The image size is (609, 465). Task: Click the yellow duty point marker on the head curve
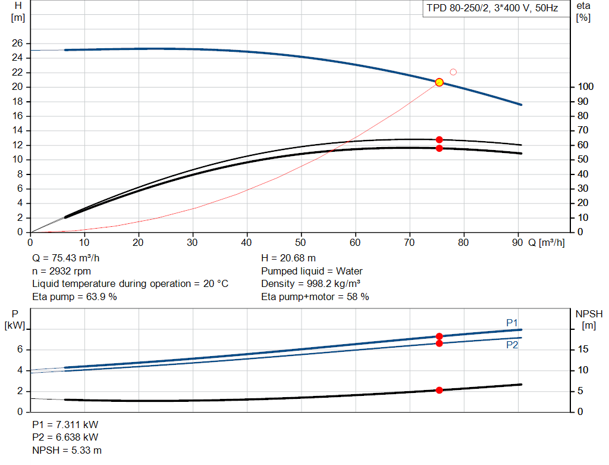[x=440, y=82]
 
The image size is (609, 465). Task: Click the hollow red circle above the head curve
[x=453, y=72]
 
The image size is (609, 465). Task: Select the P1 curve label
[x=512, y=323]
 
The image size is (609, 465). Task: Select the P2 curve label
[x=512, y=345]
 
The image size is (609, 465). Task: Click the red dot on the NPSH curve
[x=440, y=391]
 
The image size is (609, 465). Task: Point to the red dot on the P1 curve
[x=440, y=336]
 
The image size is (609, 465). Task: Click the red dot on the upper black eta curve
[x=440, y=139]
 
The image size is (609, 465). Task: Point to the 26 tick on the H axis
[x=17, y=43]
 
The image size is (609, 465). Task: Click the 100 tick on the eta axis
[x=586, y=86]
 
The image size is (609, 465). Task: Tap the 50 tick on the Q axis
[x=300, y=242]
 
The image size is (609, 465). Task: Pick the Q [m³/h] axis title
[x=547, y=242]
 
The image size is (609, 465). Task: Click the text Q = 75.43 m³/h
[x=65, y=258]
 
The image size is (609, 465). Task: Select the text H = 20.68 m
[x=288, y=258]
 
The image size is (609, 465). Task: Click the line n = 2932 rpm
[x=61, y=271]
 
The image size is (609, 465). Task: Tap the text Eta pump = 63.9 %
[x=74, y=297]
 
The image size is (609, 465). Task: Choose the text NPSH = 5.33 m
[x=67, y=450]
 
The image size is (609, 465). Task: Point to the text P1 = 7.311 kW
[x=65, y=425]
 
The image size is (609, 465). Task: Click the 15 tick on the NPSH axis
[x=583, y=349]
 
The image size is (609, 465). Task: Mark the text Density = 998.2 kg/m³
[x=310, y=284]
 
